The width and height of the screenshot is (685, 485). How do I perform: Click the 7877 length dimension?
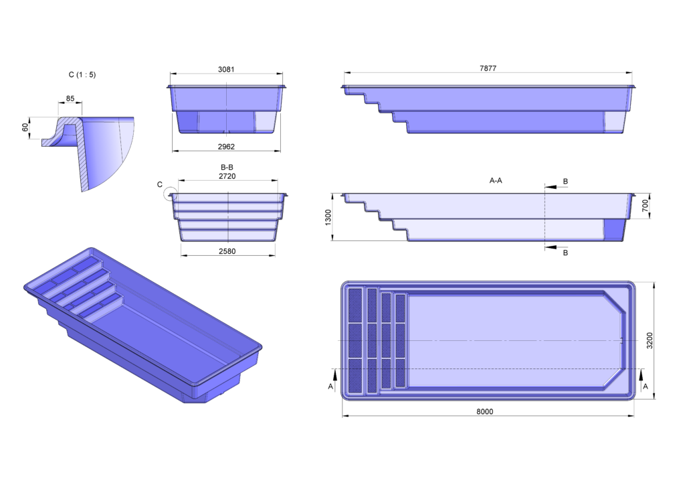pos(488,68)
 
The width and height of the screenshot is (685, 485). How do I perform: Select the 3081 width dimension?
pos(226,69)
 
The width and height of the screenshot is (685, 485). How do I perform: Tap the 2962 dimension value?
pos(226,147)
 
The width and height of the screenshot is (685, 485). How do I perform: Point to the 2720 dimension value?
pos(227,176)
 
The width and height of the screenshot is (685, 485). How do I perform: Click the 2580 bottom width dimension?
pos(227,251)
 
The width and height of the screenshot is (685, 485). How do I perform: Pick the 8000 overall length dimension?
pos(484,411)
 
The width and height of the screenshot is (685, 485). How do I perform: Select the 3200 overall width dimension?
pos(650,340)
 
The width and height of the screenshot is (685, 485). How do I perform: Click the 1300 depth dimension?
pos(328,217)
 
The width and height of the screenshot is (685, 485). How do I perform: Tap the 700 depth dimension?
pos(646,206)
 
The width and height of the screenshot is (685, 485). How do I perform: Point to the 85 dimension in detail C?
pos(70,98)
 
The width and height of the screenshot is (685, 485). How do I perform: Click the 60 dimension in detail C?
pos(25,127)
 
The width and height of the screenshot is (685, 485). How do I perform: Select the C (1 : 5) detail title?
pos(82,75)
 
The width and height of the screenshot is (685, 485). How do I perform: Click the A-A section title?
pos(496,180)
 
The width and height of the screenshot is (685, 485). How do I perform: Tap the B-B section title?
pos(227,167)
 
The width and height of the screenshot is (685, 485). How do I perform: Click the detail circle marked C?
pos(171,194)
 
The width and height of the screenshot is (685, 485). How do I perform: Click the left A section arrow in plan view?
pos(335,374)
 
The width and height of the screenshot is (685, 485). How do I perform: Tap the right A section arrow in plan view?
pos(642,374)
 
